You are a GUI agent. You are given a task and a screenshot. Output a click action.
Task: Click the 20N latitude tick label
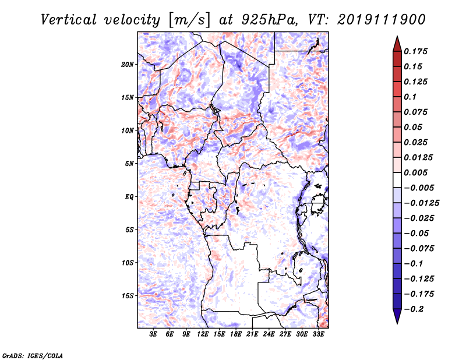128,65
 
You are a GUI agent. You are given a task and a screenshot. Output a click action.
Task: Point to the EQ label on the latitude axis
129,197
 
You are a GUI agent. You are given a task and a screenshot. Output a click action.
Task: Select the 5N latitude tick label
129,164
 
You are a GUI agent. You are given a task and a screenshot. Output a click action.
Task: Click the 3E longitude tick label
153,334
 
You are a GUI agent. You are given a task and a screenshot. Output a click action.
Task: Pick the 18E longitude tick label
236,334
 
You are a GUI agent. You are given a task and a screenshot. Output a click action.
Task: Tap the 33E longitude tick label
318,334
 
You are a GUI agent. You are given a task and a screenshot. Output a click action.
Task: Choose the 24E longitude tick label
269,334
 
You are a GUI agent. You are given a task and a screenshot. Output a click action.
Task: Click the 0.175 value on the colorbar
415,51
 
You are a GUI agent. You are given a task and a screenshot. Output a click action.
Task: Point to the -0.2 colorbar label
414,309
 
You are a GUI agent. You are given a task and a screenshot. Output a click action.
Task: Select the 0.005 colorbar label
415,172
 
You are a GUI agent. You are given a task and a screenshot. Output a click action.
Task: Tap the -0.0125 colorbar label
421,203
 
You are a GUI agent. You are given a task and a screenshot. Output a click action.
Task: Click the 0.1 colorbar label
410,97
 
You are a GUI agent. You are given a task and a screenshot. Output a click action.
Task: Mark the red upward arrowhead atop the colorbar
397,44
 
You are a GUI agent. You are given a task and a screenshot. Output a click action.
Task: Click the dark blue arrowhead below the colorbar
397,316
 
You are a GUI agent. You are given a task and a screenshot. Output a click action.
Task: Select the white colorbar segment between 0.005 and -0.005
397,180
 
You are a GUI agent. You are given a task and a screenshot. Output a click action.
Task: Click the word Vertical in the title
69,20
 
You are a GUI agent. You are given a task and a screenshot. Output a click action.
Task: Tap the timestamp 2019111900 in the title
382,20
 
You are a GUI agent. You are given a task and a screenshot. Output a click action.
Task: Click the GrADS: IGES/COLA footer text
33,356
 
